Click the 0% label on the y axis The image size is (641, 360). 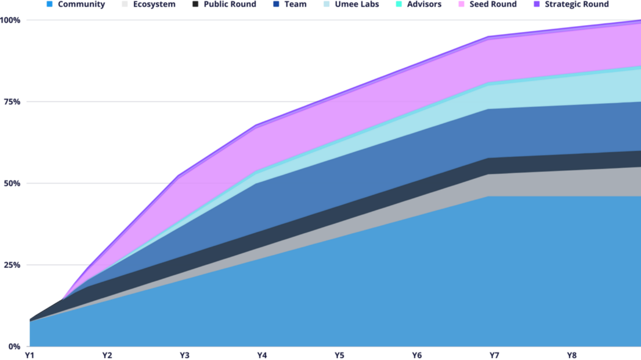[x=13, y=347]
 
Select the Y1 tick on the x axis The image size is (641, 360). [x=29, y=355]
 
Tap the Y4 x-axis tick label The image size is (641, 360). [x=262, y=355]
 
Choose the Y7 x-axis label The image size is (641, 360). [x=494, y=355]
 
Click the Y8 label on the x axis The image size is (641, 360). [x=572, y=355]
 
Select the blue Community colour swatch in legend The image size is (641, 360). [x=50, y=4]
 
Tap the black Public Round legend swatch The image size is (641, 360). [x=195, y=4]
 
